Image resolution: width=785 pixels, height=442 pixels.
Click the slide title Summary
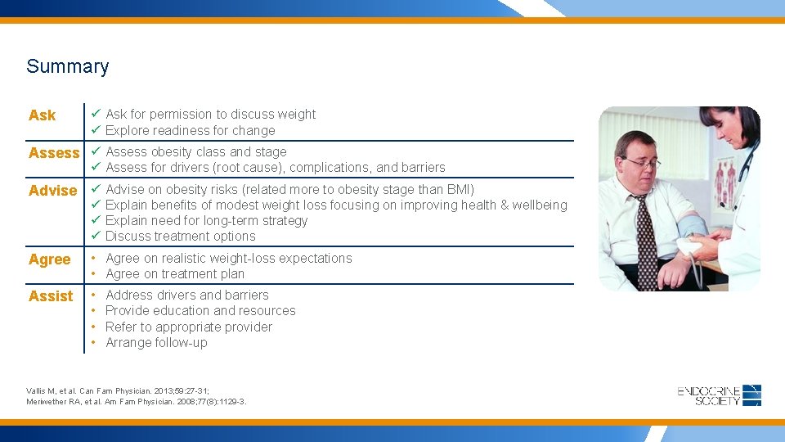67,67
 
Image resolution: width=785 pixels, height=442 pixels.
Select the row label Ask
43,115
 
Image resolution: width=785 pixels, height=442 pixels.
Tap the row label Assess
54,153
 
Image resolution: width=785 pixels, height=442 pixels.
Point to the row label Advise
52,191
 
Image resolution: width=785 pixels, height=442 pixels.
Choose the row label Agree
49,259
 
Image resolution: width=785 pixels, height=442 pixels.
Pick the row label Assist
51,296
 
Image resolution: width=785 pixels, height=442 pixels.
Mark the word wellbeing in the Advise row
540,205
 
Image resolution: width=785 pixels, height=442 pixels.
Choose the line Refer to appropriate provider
189,327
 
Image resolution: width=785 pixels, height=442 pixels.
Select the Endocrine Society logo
720,395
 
